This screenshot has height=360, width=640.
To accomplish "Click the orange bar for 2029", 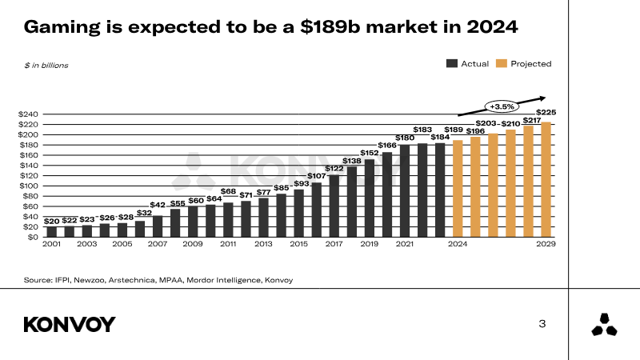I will coord(546,180).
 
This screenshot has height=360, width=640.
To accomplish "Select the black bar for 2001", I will coord(51,232).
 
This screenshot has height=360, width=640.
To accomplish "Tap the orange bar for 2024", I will coord(458,189).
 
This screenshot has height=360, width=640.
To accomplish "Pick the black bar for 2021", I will coord(405,190).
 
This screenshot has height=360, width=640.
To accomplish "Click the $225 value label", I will coord(546,112).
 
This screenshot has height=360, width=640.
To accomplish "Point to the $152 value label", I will coord(370,152).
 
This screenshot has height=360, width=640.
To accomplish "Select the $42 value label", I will coord(158,206).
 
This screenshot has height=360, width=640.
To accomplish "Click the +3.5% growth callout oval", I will coord(502,106).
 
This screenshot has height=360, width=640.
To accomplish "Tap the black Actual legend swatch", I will coord(452,63).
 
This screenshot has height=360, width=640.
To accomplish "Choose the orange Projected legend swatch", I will coord(502,63).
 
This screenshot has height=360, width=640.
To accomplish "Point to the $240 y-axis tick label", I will coord(28,114).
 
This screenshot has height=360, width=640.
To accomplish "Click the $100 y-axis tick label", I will coord(28,186).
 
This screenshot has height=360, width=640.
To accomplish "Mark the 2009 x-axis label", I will coord(193,243).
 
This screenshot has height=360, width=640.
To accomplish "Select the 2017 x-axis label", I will coord(334,243).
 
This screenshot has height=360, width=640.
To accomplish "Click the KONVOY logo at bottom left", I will coord(70,324).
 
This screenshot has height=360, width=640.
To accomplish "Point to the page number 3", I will coord(542,324).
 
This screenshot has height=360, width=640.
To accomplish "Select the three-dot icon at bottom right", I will coord(603,325).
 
